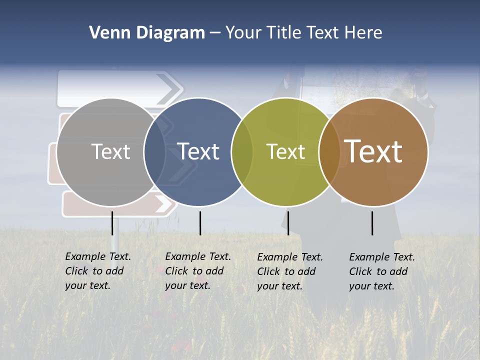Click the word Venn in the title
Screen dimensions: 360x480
[x=106, y=33]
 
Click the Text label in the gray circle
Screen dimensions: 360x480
[x=110, y=151]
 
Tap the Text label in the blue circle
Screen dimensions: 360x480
[x=198, y=151]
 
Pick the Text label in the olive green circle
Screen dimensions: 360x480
[x=286, y=151]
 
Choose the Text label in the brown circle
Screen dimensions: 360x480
[x=373, y=151]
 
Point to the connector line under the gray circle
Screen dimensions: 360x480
[x=112, y=223]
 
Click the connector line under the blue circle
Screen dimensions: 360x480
[x=200, y=223]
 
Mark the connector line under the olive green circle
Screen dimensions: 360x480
[x=288, y=223]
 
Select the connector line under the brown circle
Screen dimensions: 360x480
[x=372, y=223]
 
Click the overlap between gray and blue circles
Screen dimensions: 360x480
[x=154, y=151]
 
